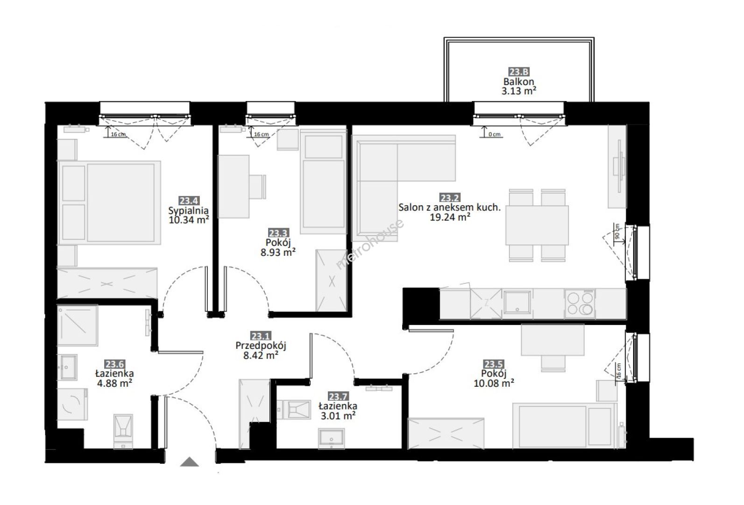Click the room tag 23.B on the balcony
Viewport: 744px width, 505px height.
[519, 72]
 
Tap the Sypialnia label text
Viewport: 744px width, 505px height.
[188, 211]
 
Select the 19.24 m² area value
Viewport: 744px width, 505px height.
[450, 217]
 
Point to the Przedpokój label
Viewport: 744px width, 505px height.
[261, 346]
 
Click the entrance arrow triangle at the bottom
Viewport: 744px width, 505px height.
[189, 462]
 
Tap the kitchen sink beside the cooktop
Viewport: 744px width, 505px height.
[517, 302]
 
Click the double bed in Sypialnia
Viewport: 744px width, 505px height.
[109, 203]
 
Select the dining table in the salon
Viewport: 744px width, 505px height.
[537, 225]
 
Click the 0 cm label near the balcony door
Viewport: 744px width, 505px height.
[495, 134]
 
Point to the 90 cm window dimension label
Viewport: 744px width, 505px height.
[617, 231]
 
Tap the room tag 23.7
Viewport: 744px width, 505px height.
[338, 397]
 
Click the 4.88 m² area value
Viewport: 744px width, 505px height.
[114, 383]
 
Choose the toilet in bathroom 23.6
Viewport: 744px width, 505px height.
[123, 431]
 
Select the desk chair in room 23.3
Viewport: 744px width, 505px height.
[258, 187]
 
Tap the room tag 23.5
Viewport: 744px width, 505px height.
[494, 364]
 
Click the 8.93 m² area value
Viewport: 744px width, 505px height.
[278, 252]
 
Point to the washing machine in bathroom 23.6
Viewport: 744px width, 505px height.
[72, 404]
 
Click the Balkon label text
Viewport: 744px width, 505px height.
[519, 82]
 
